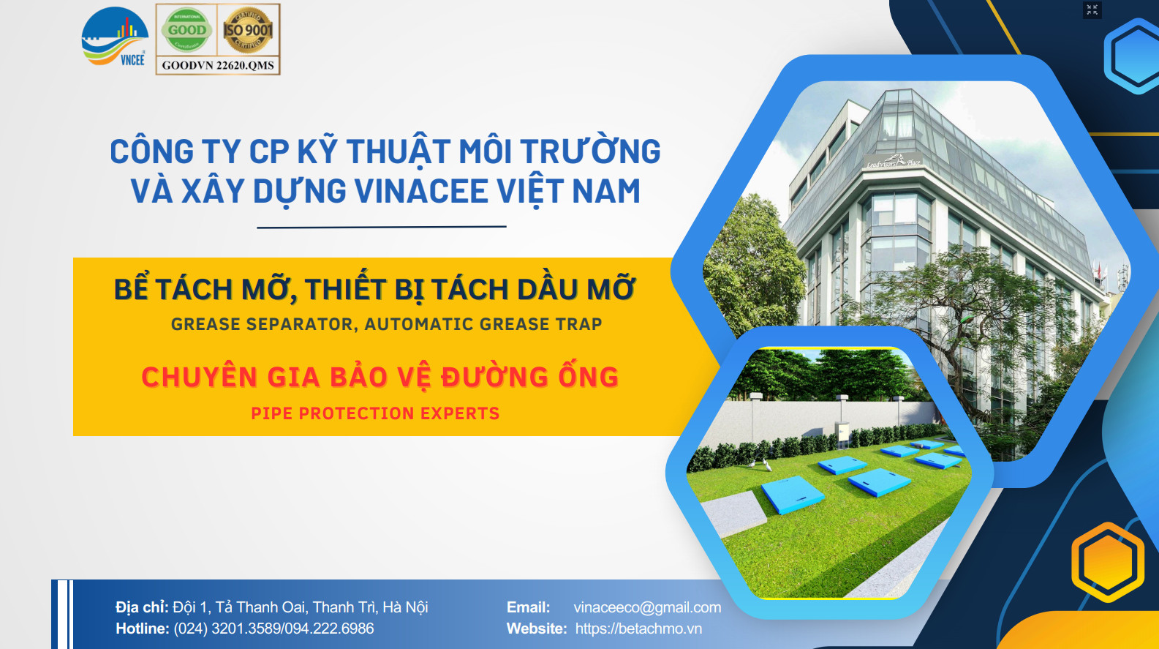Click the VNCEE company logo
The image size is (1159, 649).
tap(115, 37)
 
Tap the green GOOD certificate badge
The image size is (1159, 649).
tap(186, 30)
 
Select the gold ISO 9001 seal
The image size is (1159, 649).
tap(248, 31)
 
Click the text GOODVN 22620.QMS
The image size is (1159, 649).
tap(218, 66)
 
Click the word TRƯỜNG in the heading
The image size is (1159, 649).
tap(590, 150)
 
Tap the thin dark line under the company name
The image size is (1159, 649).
tap(381, 227)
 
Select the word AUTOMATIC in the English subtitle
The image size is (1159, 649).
tap(419, 324)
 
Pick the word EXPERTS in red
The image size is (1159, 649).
tap(460, 413)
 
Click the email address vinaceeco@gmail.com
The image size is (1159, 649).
tap(647, 607)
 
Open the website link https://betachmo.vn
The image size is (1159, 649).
tap(638, 629)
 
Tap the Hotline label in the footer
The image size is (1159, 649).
tap(143, 629)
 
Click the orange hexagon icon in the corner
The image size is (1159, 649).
tap(1108, 562)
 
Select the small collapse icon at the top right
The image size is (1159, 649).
tap(1092, 10)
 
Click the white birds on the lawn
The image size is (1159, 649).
tap(761, 465)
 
